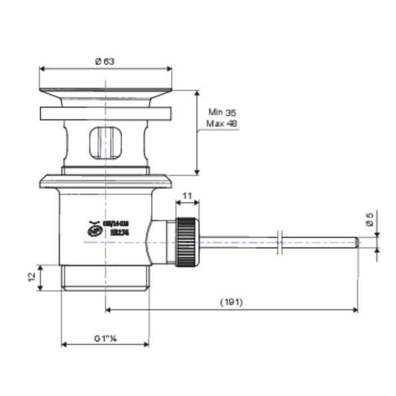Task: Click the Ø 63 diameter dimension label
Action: coord(105,62)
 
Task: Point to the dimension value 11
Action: coord(188,196)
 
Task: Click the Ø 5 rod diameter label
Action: coord(369,219)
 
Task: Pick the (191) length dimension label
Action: coord(231,302)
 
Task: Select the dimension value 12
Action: coord(32,277)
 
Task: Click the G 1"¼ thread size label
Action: coord(105,338)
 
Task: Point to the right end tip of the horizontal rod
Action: coord(358,242)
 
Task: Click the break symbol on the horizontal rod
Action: coord(279,242)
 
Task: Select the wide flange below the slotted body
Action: coord(105,182)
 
